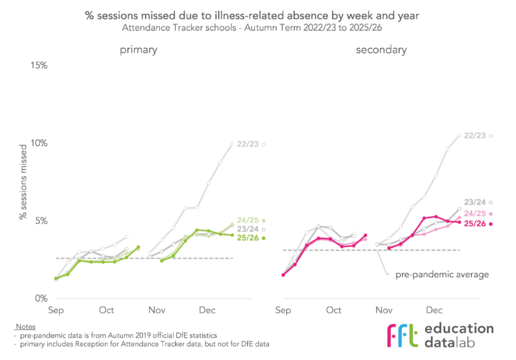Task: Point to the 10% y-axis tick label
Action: coord(36,143)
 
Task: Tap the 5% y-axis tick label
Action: coord(39,221)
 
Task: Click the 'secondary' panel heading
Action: coord(381,50)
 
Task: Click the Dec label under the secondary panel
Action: coord(435,311)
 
